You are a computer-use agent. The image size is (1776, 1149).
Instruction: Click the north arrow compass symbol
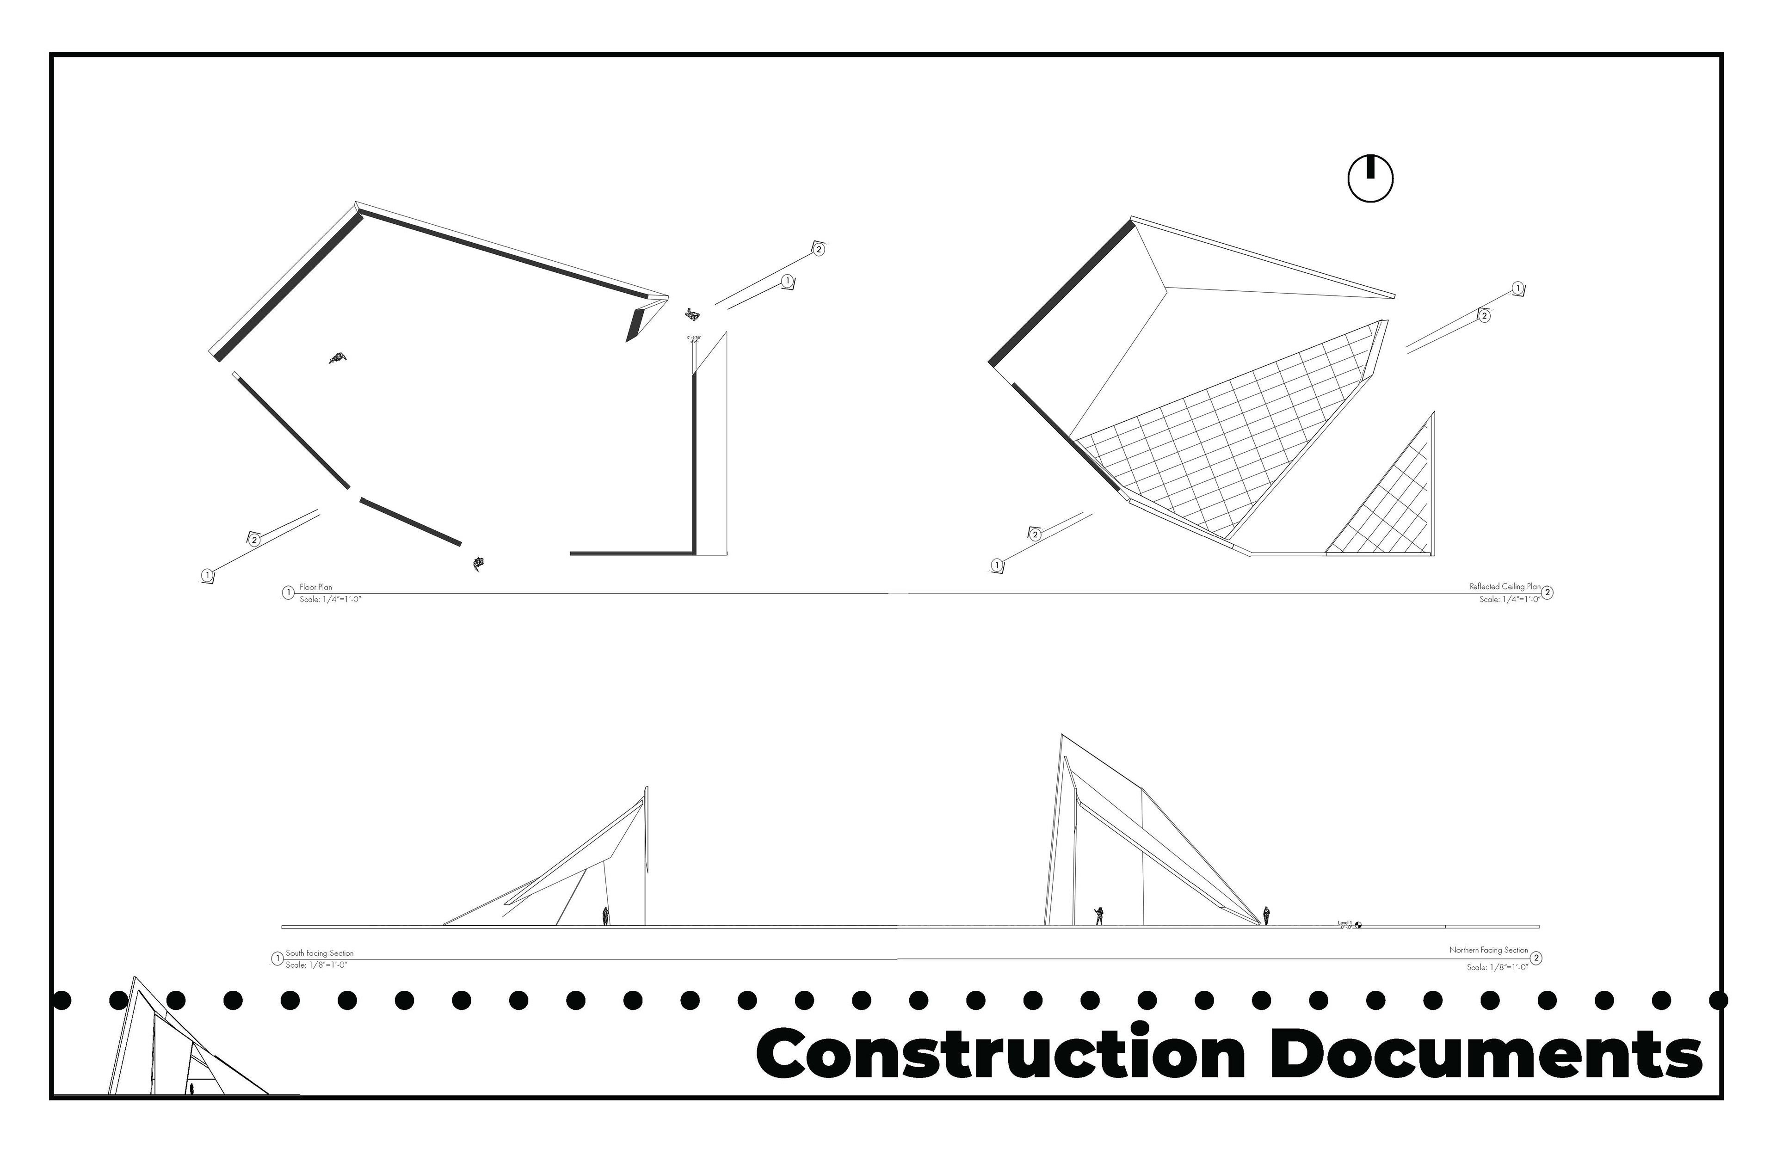1370,179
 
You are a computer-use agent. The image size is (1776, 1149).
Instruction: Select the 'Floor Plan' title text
315,587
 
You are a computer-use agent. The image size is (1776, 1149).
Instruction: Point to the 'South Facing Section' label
320,953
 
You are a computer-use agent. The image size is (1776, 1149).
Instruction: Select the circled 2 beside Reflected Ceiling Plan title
1548,592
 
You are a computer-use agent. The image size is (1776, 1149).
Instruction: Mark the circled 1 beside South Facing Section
277,959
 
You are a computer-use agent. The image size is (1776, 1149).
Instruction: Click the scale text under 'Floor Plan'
330,599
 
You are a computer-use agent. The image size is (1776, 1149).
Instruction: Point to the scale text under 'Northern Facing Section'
1497,967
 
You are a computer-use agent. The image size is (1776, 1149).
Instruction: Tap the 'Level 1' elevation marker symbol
1358,925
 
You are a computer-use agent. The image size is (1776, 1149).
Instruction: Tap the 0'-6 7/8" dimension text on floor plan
694,338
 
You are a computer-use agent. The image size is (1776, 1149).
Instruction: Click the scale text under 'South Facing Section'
316,965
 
